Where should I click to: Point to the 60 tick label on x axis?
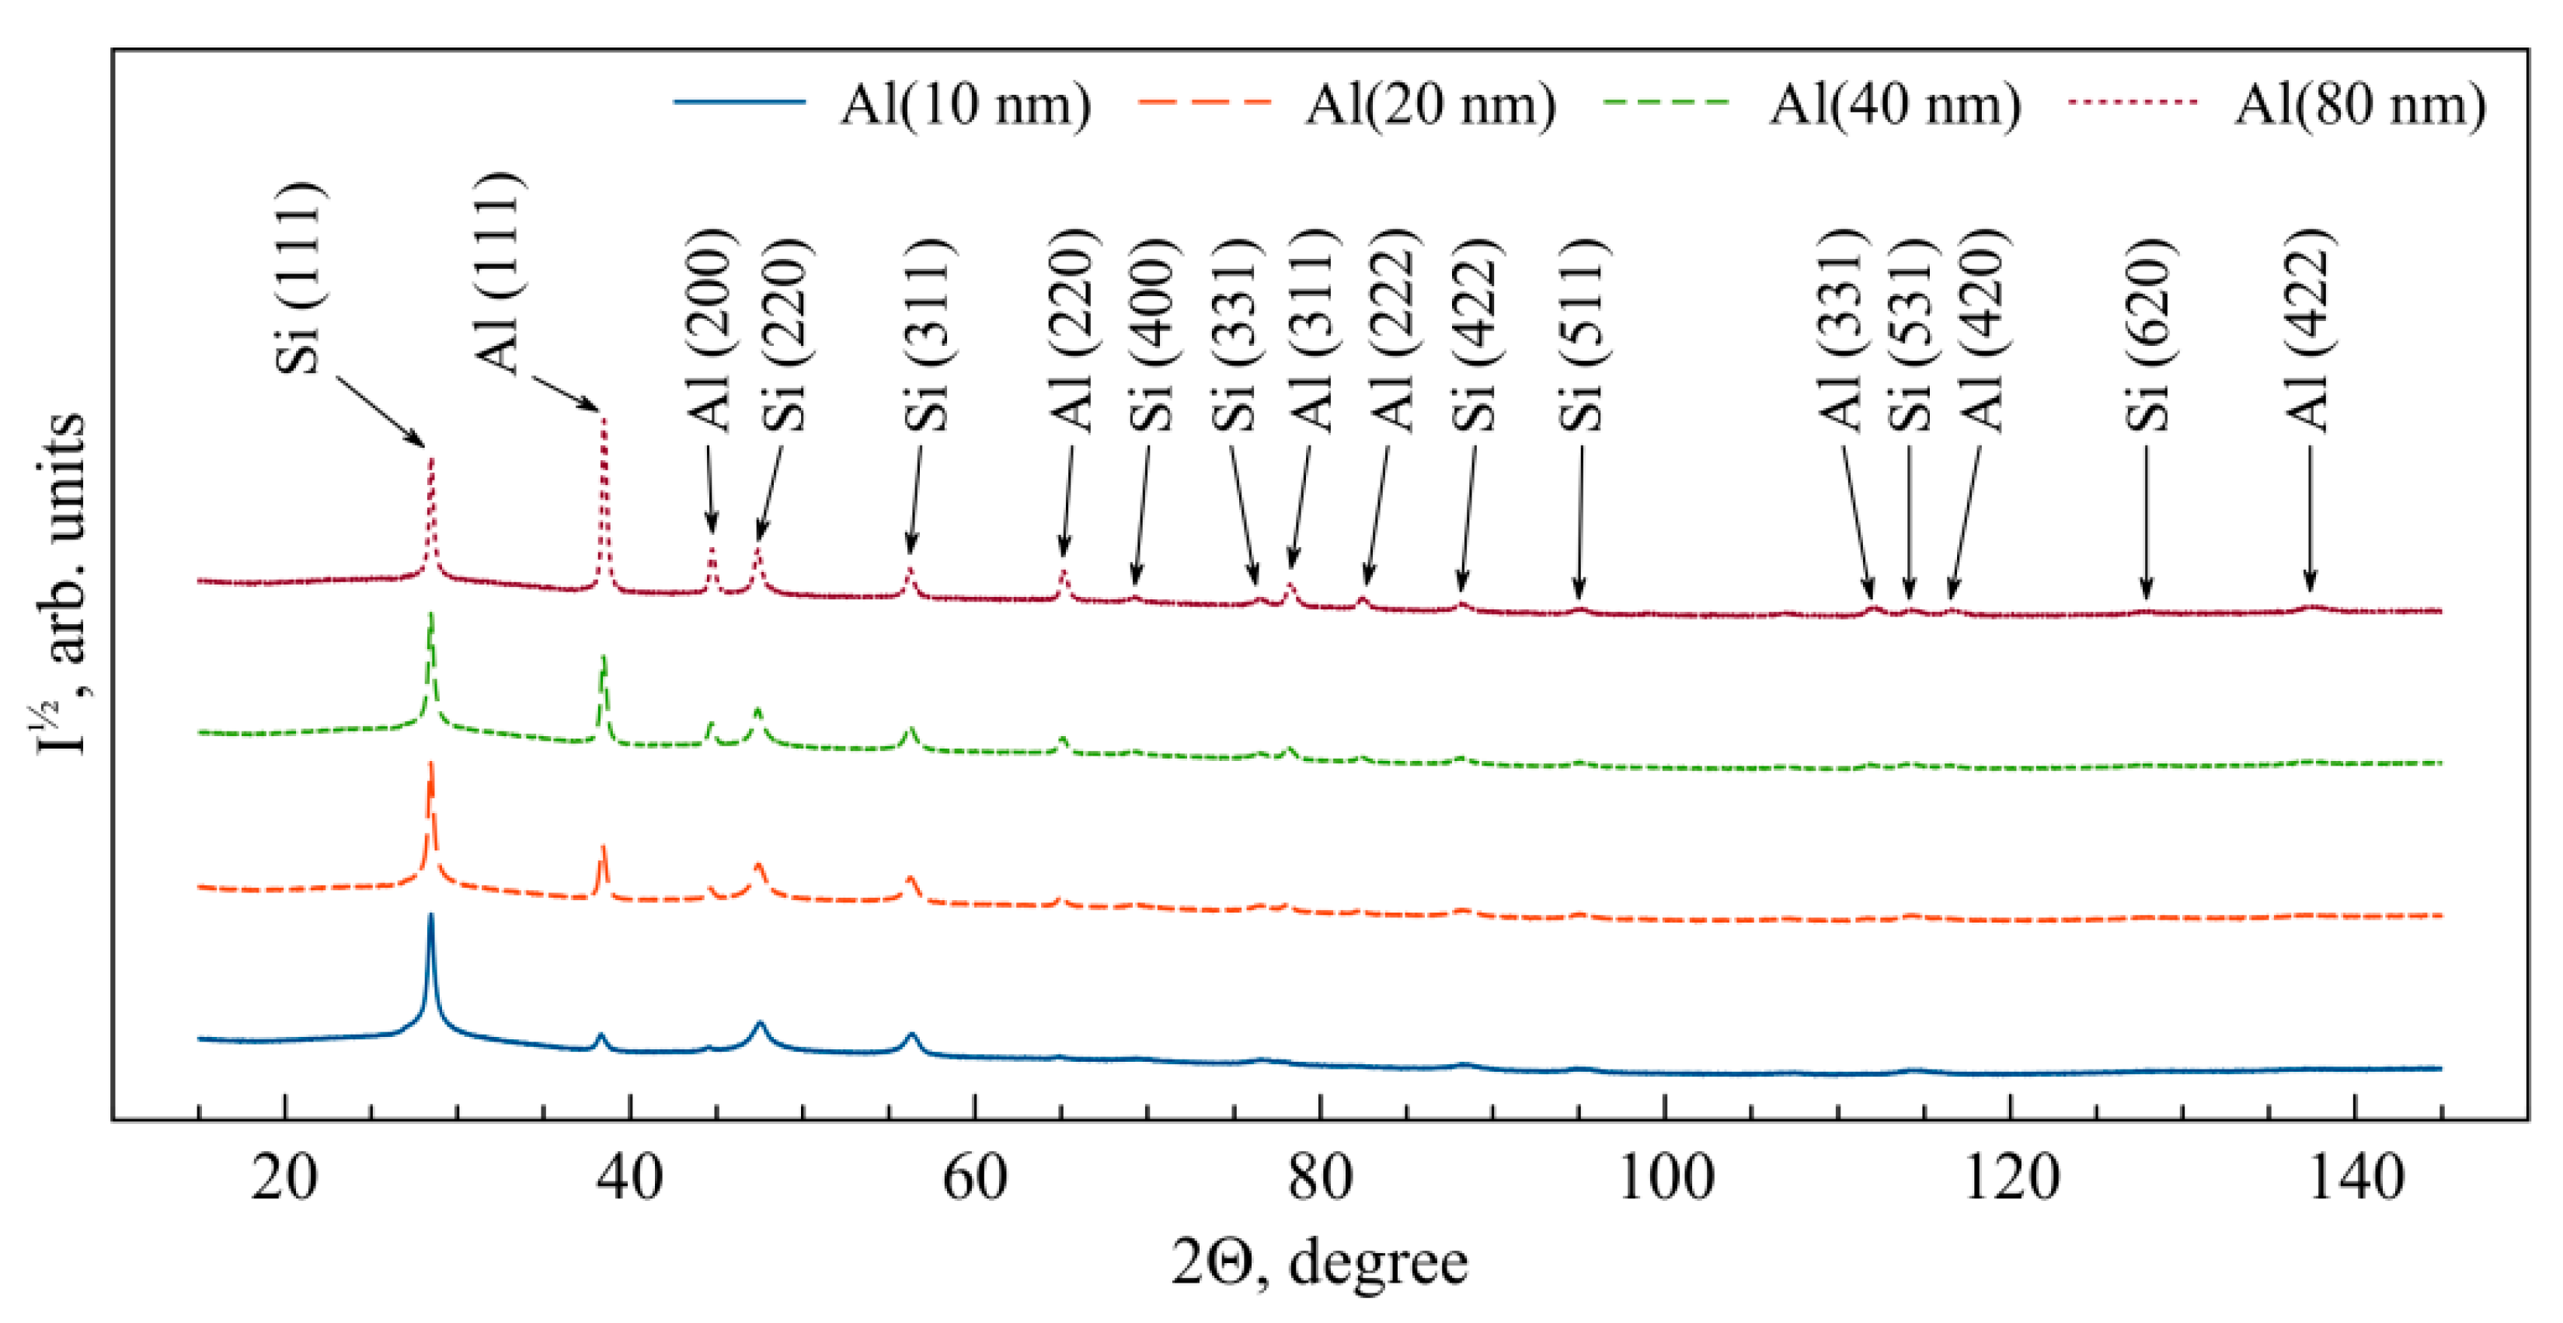click(x=974, y=1178)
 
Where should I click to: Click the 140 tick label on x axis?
click(x=2355, y=1178)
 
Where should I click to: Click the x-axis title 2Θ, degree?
click(x=1318, y=1262)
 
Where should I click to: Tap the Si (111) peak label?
click(x=299, y=279)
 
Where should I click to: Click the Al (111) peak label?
click(x=497, y=274)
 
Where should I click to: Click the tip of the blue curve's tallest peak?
click(x=431, y=915)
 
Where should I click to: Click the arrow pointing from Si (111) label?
click(x=380, y=412)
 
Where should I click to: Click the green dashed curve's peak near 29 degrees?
click(x=431, y=615)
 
